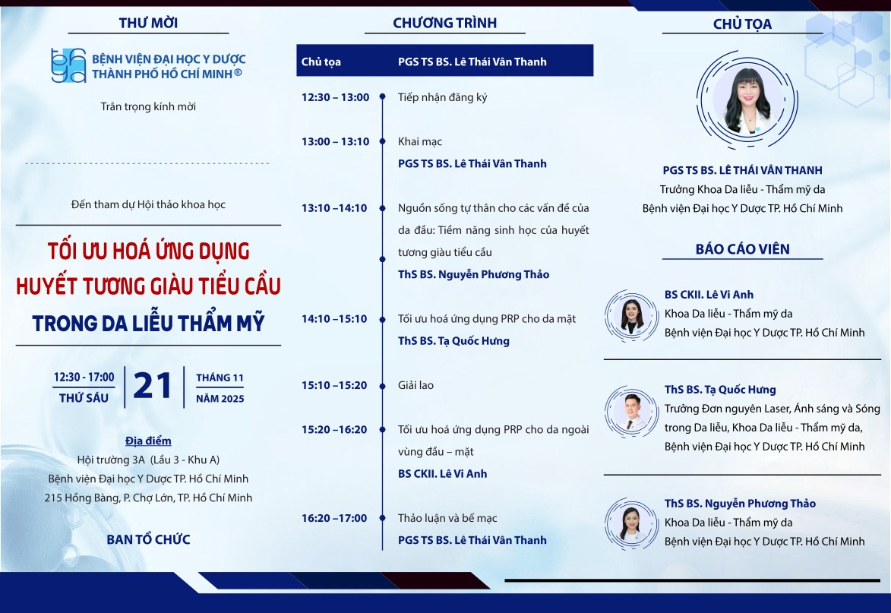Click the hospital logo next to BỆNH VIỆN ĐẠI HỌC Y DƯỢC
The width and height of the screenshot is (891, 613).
click(68, 65)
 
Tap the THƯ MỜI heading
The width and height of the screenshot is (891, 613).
click(148, 23)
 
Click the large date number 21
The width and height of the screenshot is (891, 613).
click(152, 386)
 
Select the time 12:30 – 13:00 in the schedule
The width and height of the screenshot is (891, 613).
click(335, 97)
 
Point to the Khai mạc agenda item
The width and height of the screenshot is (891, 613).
click(420, 141)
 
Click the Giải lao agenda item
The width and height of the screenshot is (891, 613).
click(415, 385)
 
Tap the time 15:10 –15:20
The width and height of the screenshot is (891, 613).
click(334, 385)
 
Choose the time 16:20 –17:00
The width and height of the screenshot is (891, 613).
click(334, 518)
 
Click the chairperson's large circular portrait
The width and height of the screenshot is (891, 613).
click(747, 100)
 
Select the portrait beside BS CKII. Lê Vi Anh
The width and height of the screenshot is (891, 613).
click(632, 315)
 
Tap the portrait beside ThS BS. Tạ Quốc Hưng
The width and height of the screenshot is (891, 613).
click(632, 411)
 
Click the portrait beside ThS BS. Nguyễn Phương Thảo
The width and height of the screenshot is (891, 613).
click(632, 524)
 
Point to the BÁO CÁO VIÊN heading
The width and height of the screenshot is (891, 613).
click(742, 249)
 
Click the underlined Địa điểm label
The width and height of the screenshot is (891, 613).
click(148, 441)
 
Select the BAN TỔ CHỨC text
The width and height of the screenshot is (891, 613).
click(148, 539)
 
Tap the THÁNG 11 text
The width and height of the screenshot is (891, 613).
click(220, 378)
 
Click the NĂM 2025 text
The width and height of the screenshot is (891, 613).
click(220, 399)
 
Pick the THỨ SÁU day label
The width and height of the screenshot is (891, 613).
click(84, 398)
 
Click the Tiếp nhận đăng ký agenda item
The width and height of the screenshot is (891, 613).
click(443, 97)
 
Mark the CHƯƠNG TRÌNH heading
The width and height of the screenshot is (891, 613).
click(445, 23)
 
